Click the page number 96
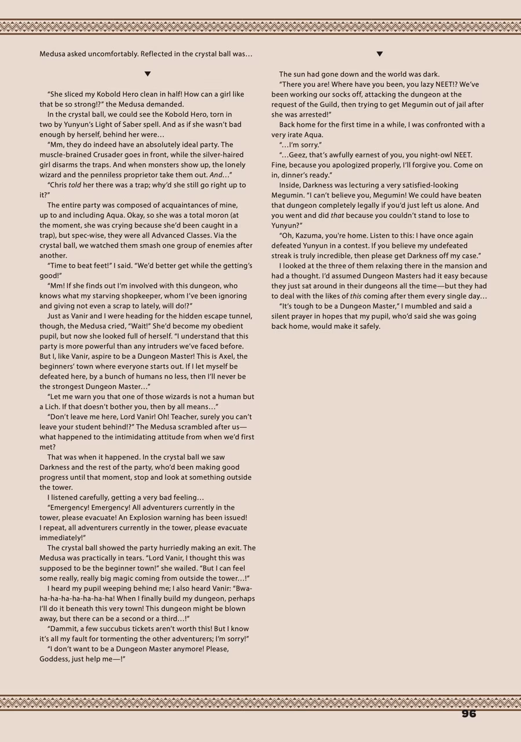(468, 714)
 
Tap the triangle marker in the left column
(148, 74)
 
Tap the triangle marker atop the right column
(380, 54)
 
